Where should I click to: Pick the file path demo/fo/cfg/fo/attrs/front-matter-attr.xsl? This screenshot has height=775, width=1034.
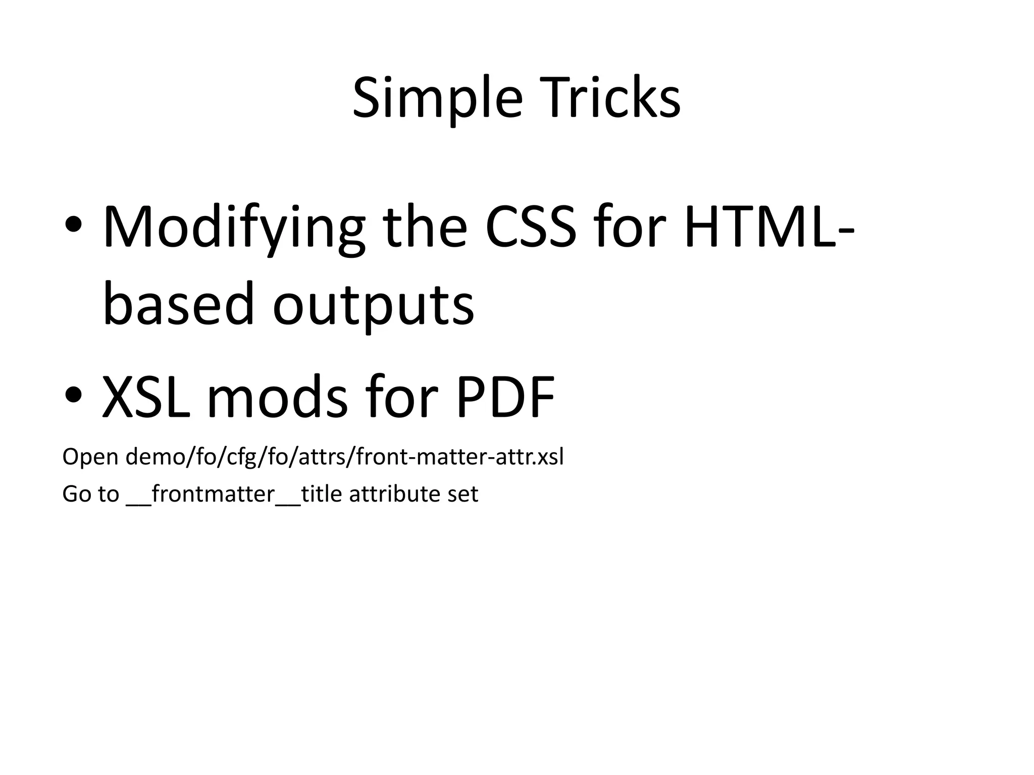click(x=344, y=457)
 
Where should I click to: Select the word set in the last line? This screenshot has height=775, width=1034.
click(x=462, y=493)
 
